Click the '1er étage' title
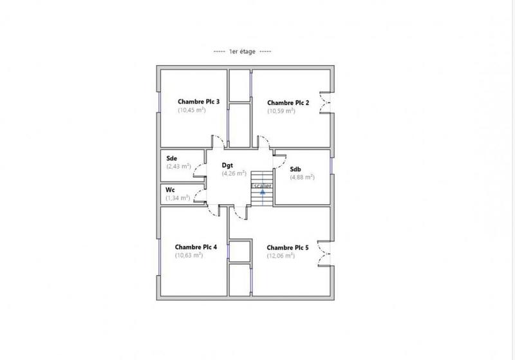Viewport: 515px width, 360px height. (x=242, y=52)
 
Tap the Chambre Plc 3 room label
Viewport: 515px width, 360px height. (x=199, y=102)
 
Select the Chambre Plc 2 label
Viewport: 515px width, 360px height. (x=288, y=102)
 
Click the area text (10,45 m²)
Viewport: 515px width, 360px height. (x=191, y=110)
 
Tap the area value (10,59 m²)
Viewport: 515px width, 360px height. (x=281, y=111)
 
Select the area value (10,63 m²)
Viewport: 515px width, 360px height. (x=189, y=255)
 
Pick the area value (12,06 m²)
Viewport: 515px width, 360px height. (x=281, y=256)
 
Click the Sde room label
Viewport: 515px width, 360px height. (x=172, y=158)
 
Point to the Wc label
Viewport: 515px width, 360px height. (x=171, y=190)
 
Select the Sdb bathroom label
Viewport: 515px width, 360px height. (x=295, y=169)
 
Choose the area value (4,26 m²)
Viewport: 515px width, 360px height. (x=234, y=173)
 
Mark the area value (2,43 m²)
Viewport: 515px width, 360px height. (x=178, y=167)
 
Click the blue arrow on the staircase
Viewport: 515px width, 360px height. (x=262, y=192)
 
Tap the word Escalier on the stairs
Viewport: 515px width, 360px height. (x=261, y=185)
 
